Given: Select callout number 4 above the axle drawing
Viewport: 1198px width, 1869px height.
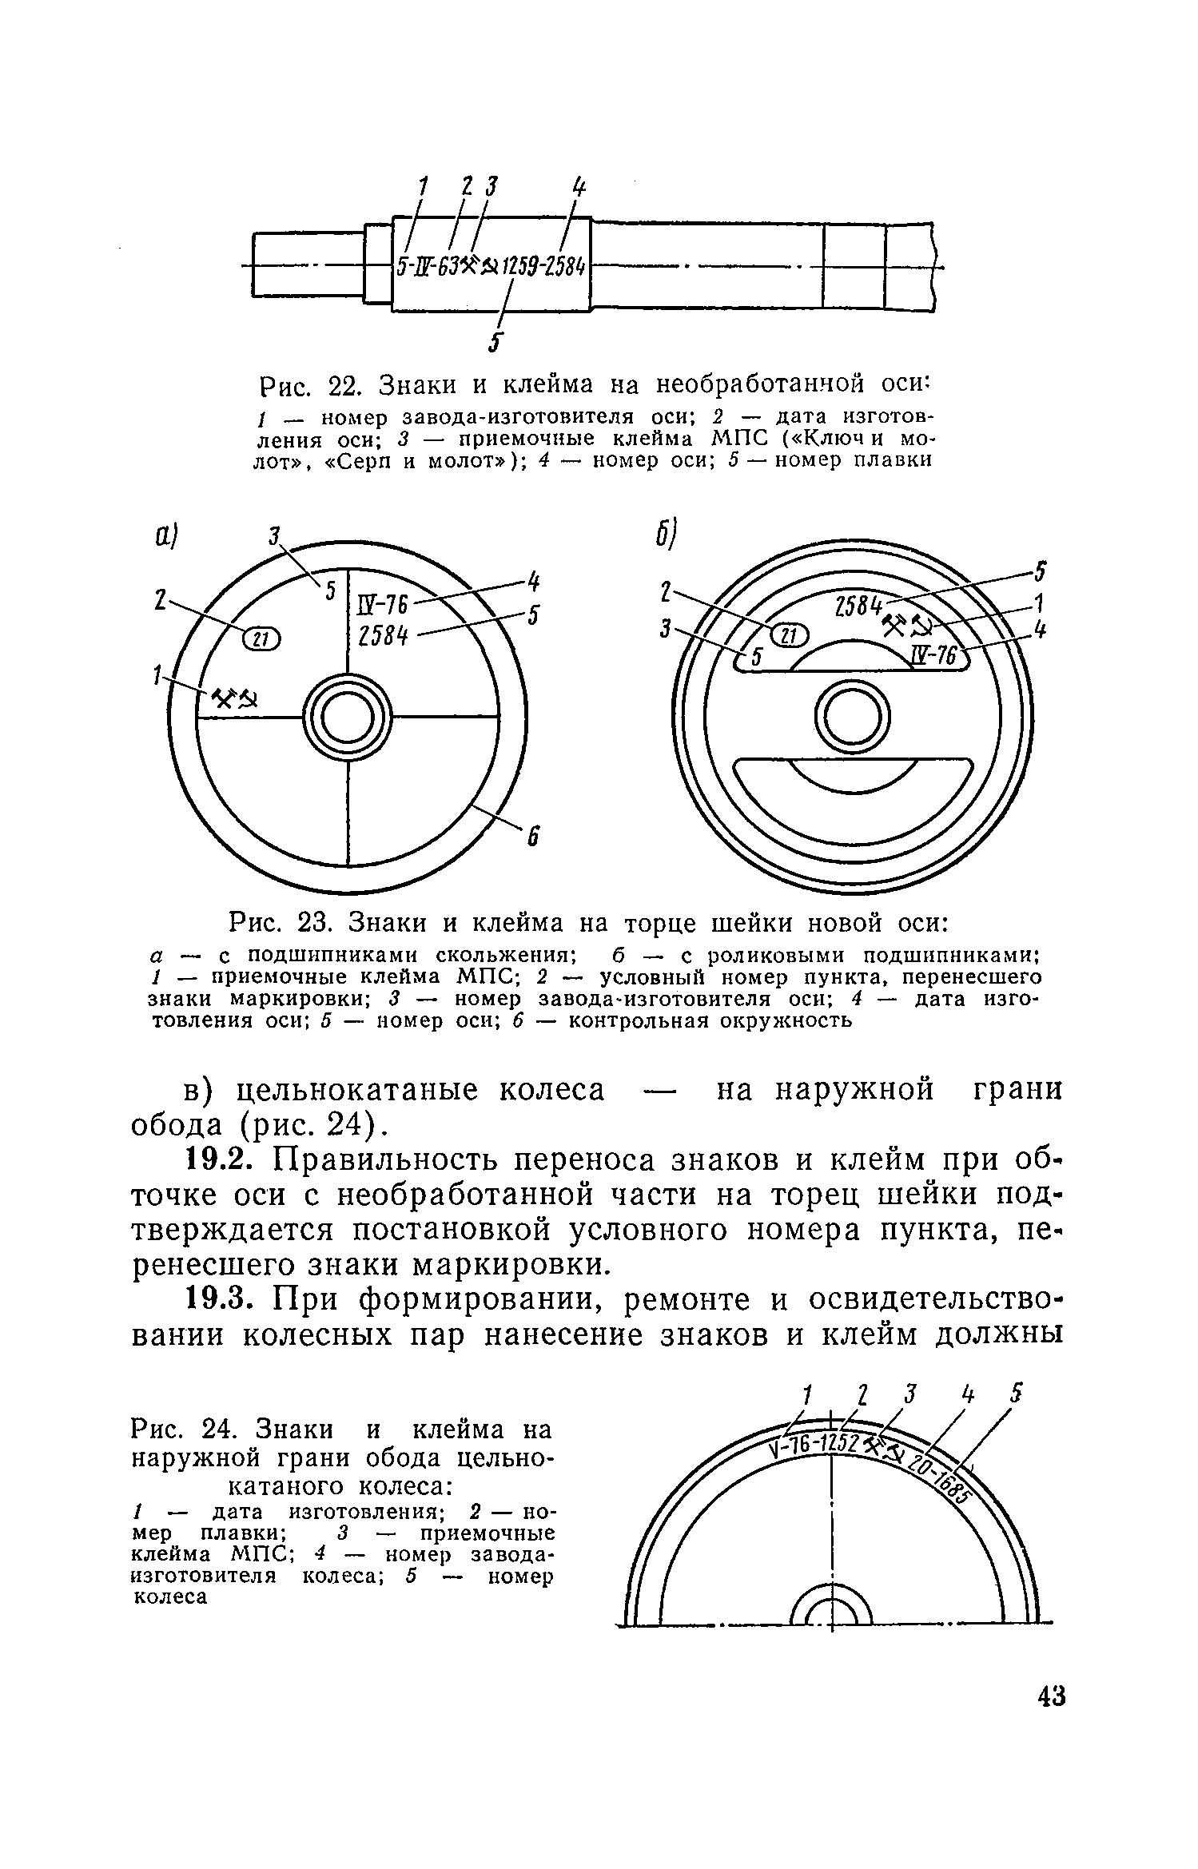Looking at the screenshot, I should pyautogui.click(x=578, y=189).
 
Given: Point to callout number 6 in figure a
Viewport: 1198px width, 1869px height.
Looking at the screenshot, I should pyautogui.click(x=533, y=838).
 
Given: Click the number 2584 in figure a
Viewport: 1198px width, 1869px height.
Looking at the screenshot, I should pyautogui.click(x=382, y=637).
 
